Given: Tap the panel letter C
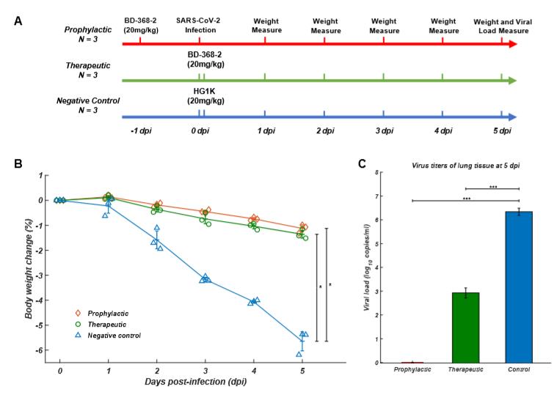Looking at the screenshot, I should pyautogui.click(x=362, y=163).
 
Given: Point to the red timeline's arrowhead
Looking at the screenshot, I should pyautogui.click(x=512, y=44).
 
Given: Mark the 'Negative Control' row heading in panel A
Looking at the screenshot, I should pyautogui.click(x=91, y=100).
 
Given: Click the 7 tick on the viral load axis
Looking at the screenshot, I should pyautogui.click(x=377, y=196).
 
